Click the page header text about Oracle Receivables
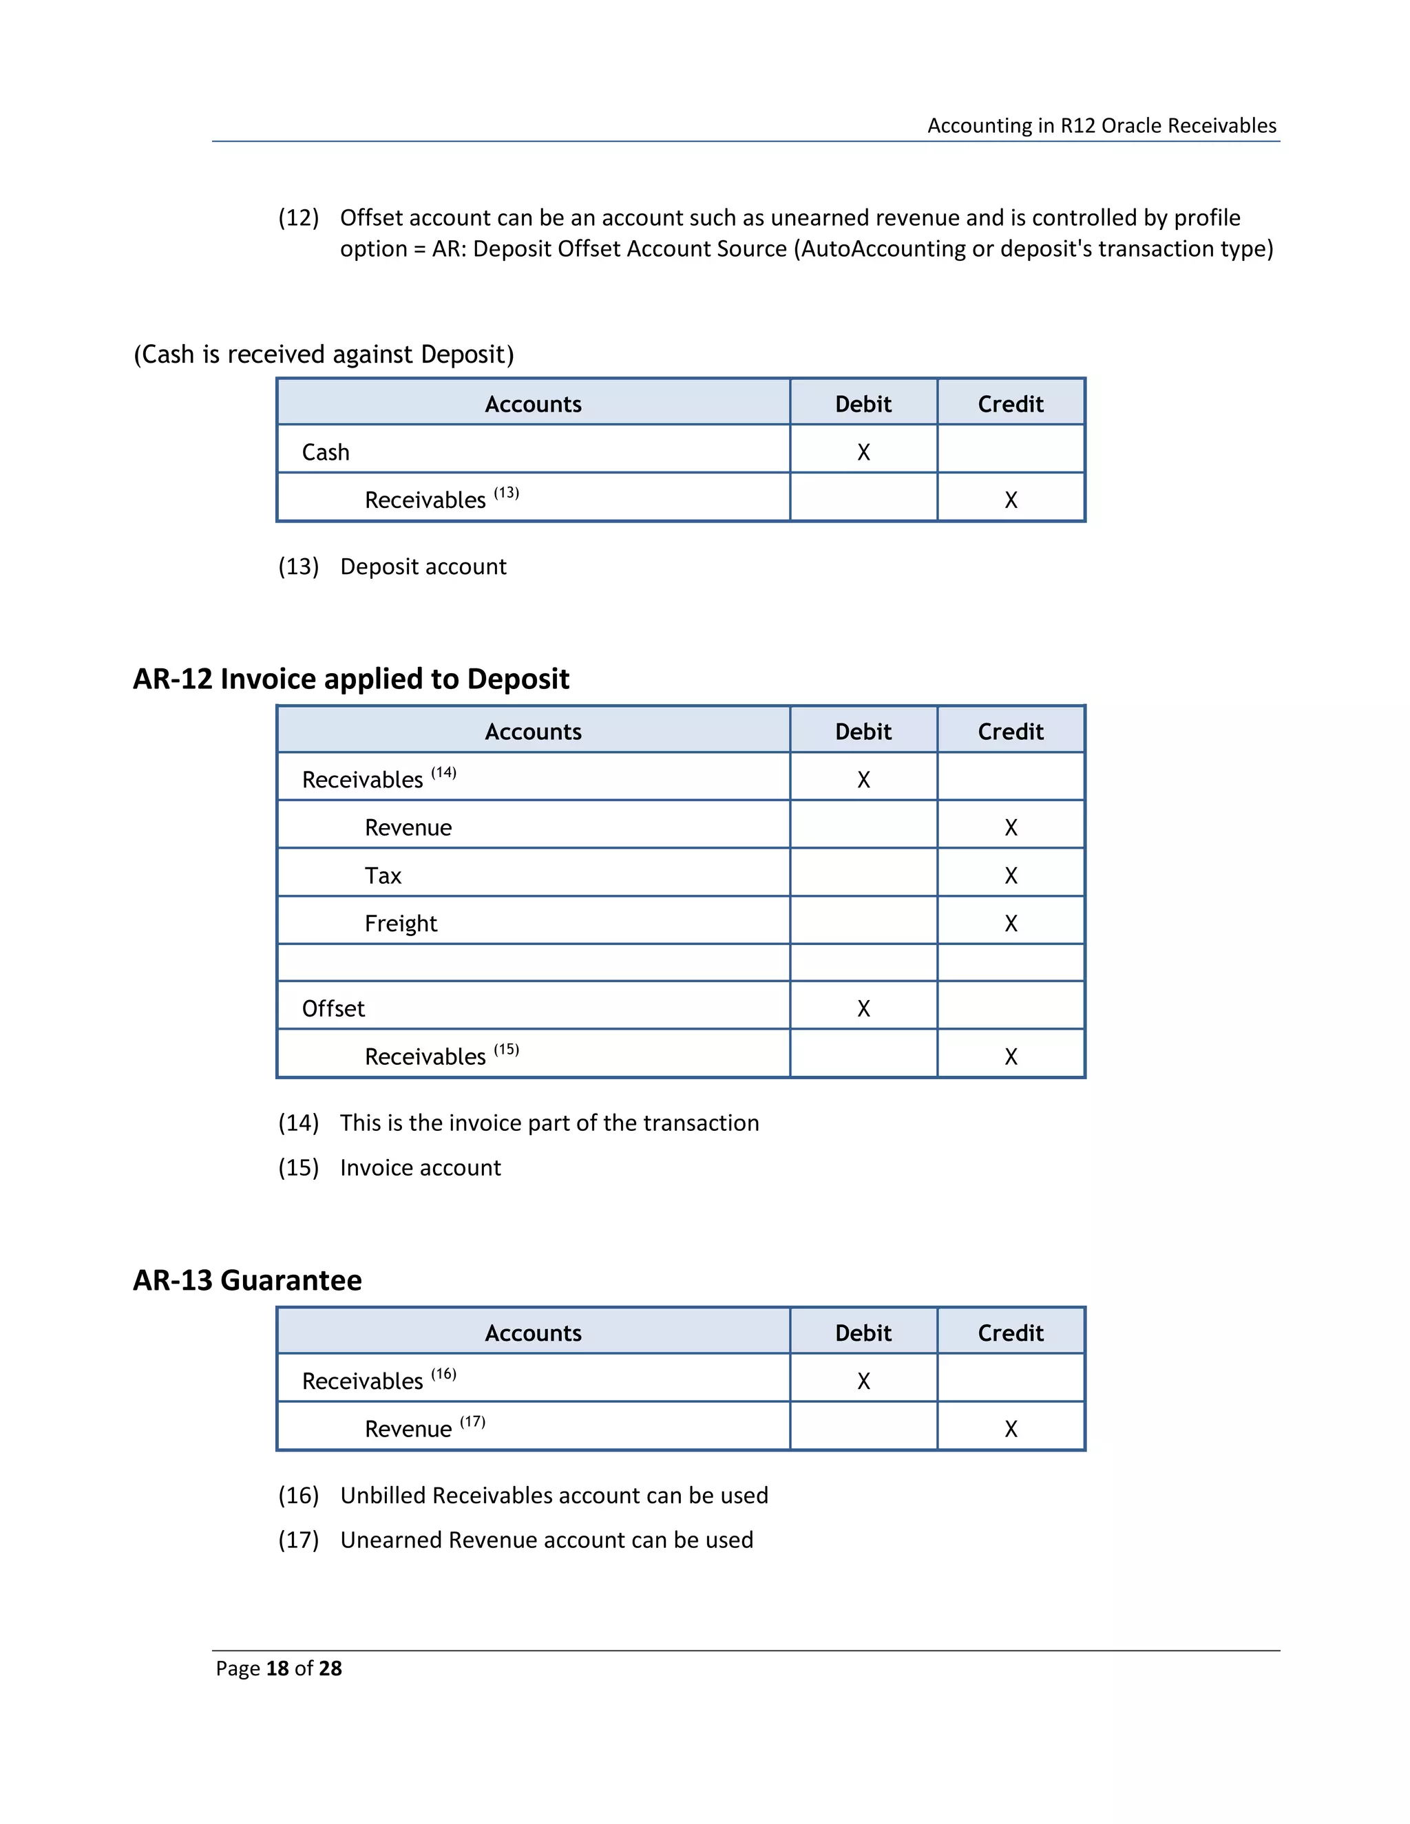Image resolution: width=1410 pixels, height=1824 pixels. pyautogui.click(x=1101, y=125)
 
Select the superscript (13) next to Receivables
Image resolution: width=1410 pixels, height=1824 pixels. pyautogui.click(x=506, y=493)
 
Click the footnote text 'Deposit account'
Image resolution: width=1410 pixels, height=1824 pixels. pyautogui.click(x=423, y=566)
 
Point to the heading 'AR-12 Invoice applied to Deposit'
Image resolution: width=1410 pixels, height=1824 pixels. pyautogui.click(x=351, y=678)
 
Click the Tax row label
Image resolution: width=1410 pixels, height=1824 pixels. pyautogui.click(x=383, y=876)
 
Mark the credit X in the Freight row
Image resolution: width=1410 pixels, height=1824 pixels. pyautogui.click(x=1010, y=923)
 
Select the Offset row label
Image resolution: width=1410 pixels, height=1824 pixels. pyautogui.click(x=333, y=1008)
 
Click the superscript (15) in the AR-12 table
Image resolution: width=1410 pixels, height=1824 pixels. pyautogui.click(x=506, y=1049)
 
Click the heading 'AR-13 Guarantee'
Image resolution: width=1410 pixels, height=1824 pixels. pyautogui.click(x=247, y=1280)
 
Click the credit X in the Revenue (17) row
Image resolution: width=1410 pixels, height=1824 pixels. pyautogui.click(x=1010, y=1428)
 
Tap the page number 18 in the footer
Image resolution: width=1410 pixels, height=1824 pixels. pyautogui.click(x=277, y=1668)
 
